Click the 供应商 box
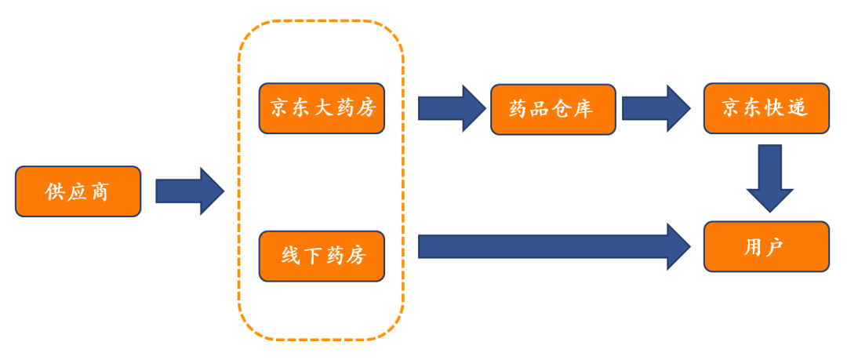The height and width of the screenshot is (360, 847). pyautogui.click(x=78, y=191)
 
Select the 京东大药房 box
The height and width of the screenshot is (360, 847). pyautogui.click(x=322, y=108)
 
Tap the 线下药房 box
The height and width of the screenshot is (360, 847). pyautogui.click(x=322, y=256)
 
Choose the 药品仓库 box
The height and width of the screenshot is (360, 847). pyautogui.click(x=553, y=109)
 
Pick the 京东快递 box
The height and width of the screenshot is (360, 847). pyautogui.click(x=765, y=108)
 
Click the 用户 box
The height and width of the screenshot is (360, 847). pyautogui.click(x=765, y=247)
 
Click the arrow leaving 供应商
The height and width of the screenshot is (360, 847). pyautogui.click(x=189, y=191)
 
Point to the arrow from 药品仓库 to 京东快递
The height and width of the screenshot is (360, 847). pyautogui.click(x=656, y=108)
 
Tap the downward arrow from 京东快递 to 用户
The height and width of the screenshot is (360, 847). pyautogui.click(x=769, y=177)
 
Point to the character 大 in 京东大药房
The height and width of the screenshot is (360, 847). pyautogui.click(x=323, y=108)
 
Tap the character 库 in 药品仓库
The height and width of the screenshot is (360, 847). pyautogui.click(x=583, y=109)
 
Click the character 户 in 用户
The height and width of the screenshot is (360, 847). pyautogui.click(x=776, y=247)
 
